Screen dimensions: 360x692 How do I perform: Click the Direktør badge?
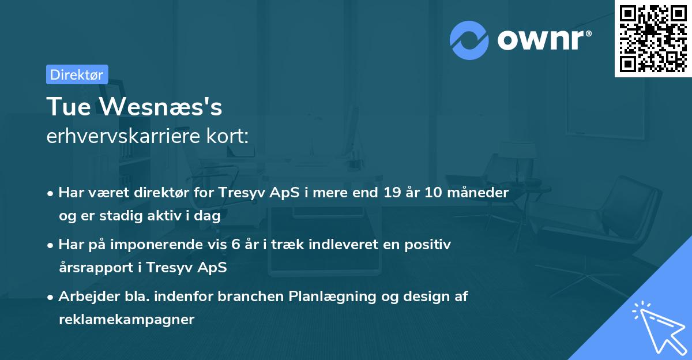click(77, 74)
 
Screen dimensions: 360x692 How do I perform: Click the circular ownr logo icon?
click(469, 40)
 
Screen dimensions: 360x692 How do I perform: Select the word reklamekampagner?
click(126, 320)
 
